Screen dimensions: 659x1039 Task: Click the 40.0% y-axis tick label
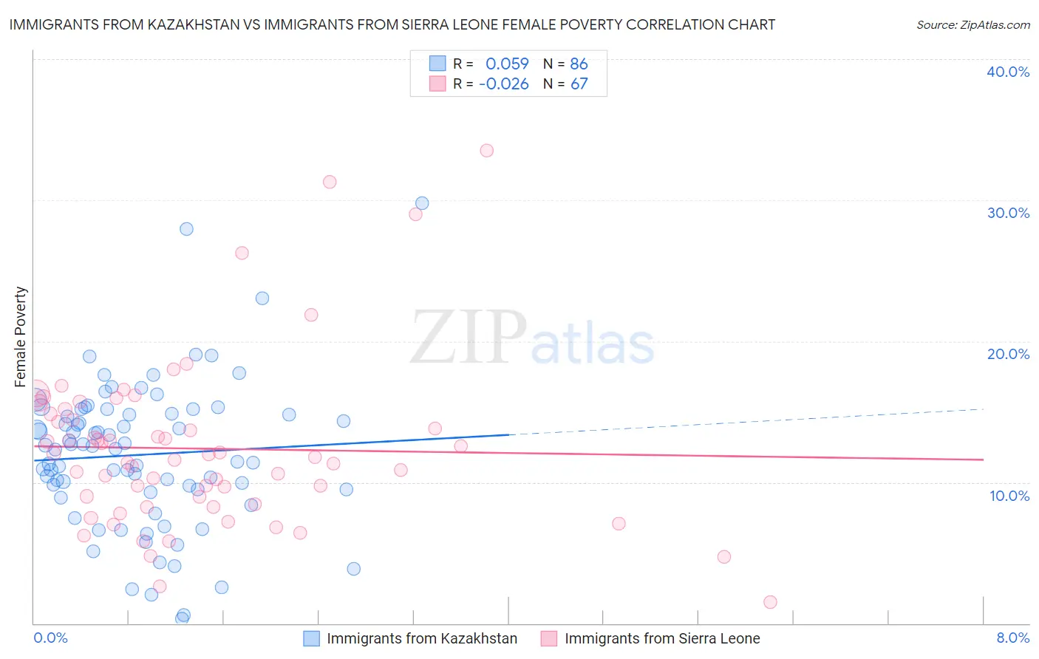(1007, 72)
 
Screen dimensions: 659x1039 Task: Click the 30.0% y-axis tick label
(1007, 213)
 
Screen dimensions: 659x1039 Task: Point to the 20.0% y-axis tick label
(1007, 354)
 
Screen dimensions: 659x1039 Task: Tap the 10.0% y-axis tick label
(1009, 496)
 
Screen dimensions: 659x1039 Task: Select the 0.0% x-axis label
(50, 638)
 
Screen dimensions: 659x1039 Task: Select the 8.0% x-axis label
(1012, 638)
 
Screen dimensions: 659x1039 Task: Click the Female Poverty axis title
(21, 337)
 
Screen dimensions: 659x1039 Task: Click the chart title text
(392, 24)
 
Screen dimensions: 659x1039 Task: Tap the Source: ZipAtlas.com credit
(972, 25)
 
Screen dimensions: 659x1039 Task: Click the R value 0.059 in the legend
(507, 64)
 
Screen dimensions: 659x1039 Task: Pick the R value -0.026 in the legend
(504, 84)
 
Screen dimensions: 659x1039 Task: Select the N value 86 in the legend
(579, 64)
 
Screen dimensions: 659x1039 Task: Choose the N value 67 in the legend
(579, 84)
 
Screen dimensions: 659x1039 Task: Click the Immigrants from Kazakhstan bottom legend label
(422, 638)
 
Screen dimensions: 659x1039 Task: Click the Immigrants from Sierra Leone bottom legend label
(662, 638)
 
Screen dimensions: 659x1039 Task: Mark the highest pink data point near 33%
(486, 151)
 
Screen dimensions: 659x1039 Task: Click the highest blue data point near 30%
(422, 203)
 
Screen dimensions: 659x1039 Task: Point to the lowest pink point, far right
(770, 602)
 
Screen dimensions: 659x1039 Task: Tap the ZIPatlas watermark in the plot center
(532, 338)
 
